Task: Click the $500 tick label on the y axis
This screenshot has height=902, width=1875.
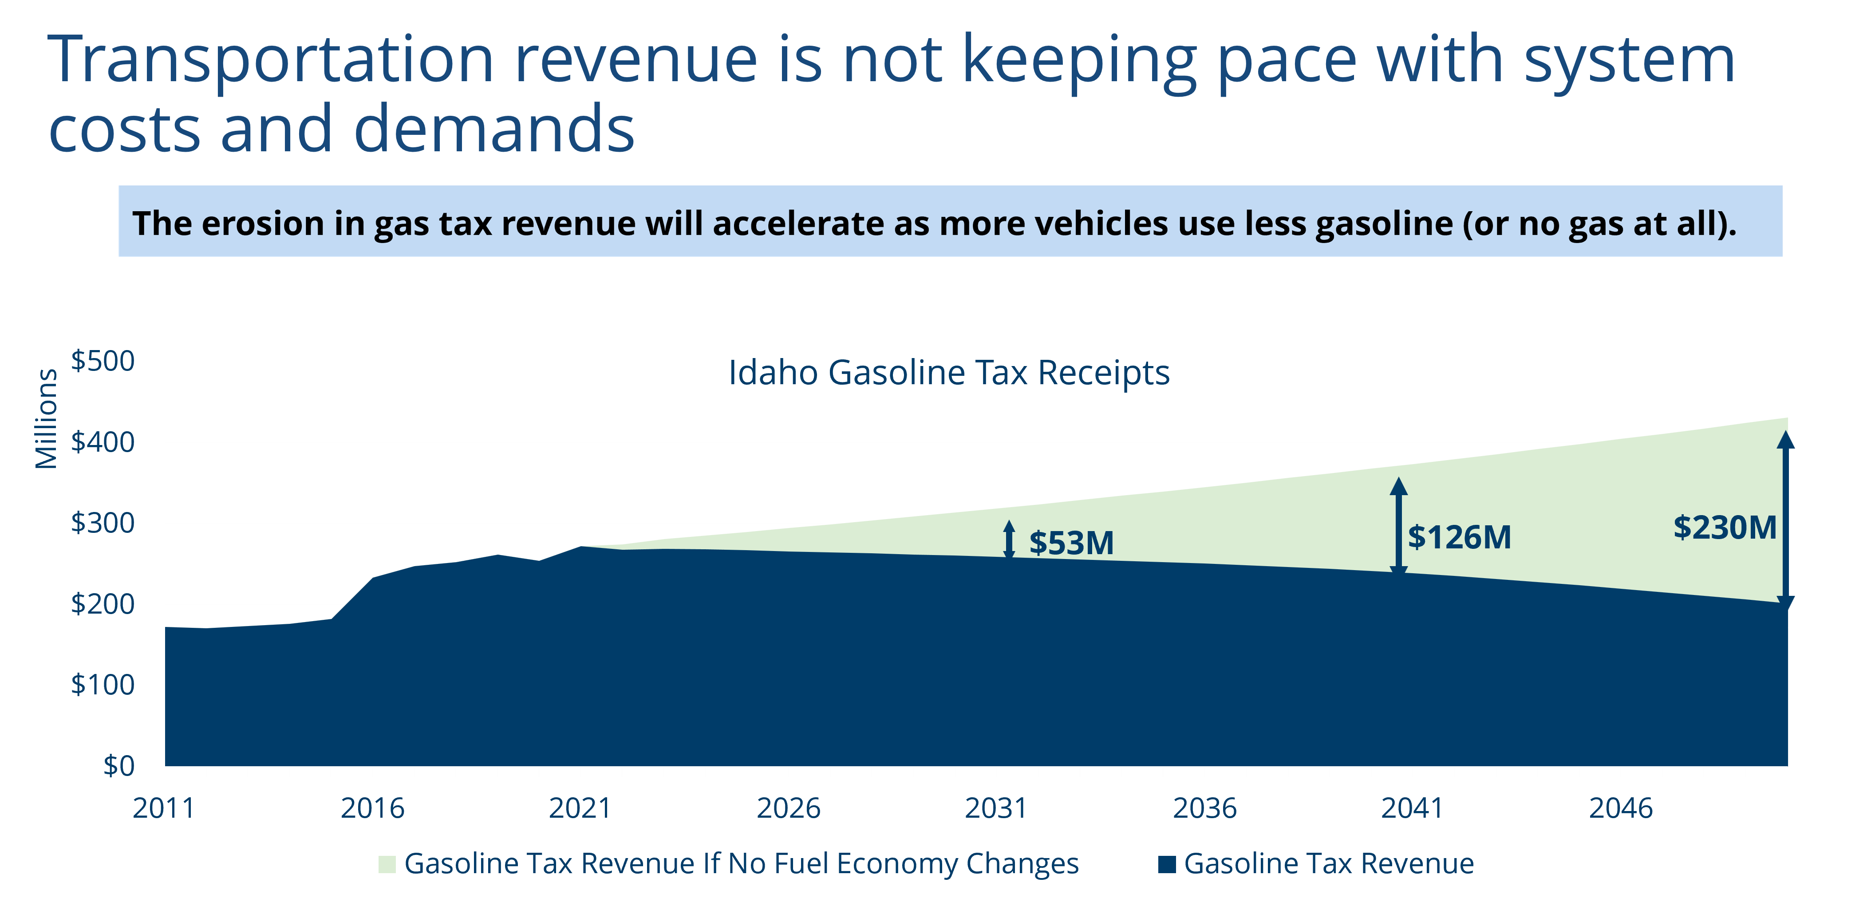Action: click(103, 361)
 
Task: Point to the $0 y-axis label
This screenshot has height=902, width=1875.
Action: click(118, 765)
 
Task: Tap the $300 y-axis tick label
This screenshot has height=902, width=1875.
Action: click(103, 523)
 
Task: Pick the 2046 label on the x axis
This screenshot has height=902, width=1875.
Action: click(1621, 808)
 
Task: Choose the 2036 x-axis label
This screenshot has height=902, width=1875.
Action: click(1204, 808)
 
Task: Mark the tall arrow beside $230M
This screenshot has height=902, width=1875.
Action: click(1785, 520)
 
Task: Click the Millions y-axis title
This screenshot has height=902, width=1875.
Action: click(47, 418)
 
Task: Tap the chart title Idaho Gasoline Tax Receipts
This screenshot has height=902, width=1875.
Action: click(949, 373)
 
